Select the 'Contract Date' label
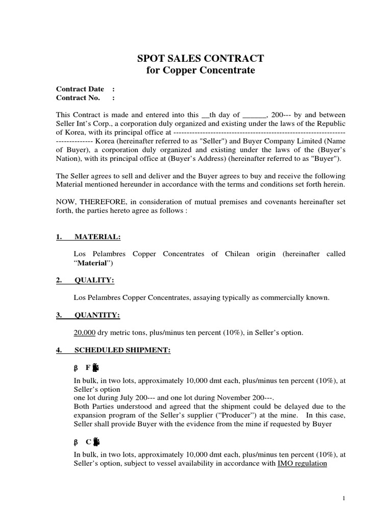[x=80, y=89]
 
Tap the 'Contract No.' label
[x=78, y=98]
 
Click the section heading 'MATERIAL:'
[x=97, y=237]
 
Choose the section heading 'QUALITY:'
[x=94, y=280]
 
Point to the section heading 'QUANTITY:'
[x=97, y=316]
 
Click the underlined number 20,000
[x=85, y=333]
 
